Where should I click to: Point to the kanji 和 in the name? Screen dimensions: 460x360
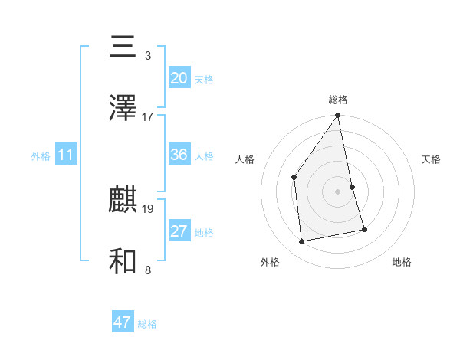123,261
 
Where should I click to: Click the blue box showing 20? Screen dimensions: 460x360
179,78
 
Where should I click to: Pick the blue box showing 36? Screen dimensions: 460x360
179,155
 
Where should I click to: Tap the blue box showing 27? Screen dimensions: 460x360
179,231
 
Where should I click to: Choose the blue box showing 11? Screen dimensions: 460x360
66,155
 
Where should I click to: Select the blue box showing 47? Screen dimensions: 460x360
123,322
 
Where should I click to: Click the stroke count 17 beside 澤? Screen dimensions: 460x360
148,117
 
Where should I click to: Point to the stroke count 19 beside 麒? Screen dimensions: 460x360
148,208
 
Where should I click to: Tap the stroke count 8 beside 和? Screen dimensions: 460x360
148,270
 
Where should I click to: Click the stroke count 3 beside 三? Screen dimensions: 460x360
148,56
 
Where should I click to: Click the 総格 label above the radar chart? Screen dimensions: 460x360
338,100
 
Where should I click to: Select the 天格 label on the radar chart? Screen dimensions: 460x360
432,159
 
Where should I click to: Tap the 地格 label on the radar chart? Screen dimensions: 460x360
402,262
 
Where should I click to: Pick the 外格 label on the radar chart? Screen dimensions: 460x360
270,262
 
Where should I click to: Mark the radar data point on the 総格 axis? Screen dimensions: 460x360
338,116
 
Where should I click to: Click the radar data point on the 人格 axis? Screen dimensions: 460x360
294,178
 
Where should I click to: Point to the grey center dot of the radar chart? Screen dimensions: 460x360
338,191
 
